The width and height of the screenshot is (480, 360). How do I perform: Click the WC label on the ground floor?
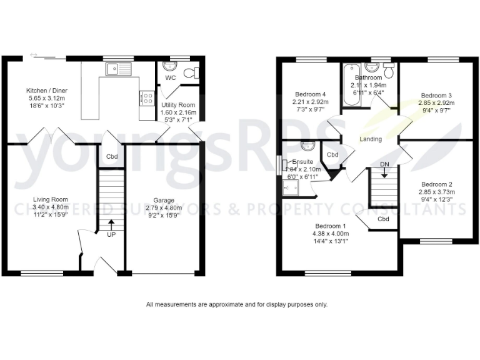(170, 78)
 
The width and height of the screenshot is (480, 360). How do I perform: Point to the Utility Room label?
(178, 105)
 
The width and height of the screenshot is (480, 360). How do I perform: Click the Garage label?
(164, 200)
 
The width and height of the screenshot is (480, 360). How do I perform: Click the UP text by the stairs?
(111, 235)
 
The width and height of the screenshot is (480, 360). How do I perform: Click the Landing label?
(371, 139)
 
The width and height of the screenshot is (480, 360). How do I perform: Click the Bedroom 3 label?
(436, 96)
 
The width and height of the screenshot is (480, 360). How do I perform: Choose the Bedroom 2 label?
(436, 184)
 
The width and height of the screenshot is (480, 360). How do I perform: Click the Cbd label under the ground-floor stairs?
(112, 156)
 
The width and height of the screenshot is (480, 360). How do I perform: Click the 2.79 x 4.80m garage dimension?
(164, 208)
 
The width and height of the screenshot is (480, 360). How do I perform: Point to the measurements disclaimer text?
(237, 305)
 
